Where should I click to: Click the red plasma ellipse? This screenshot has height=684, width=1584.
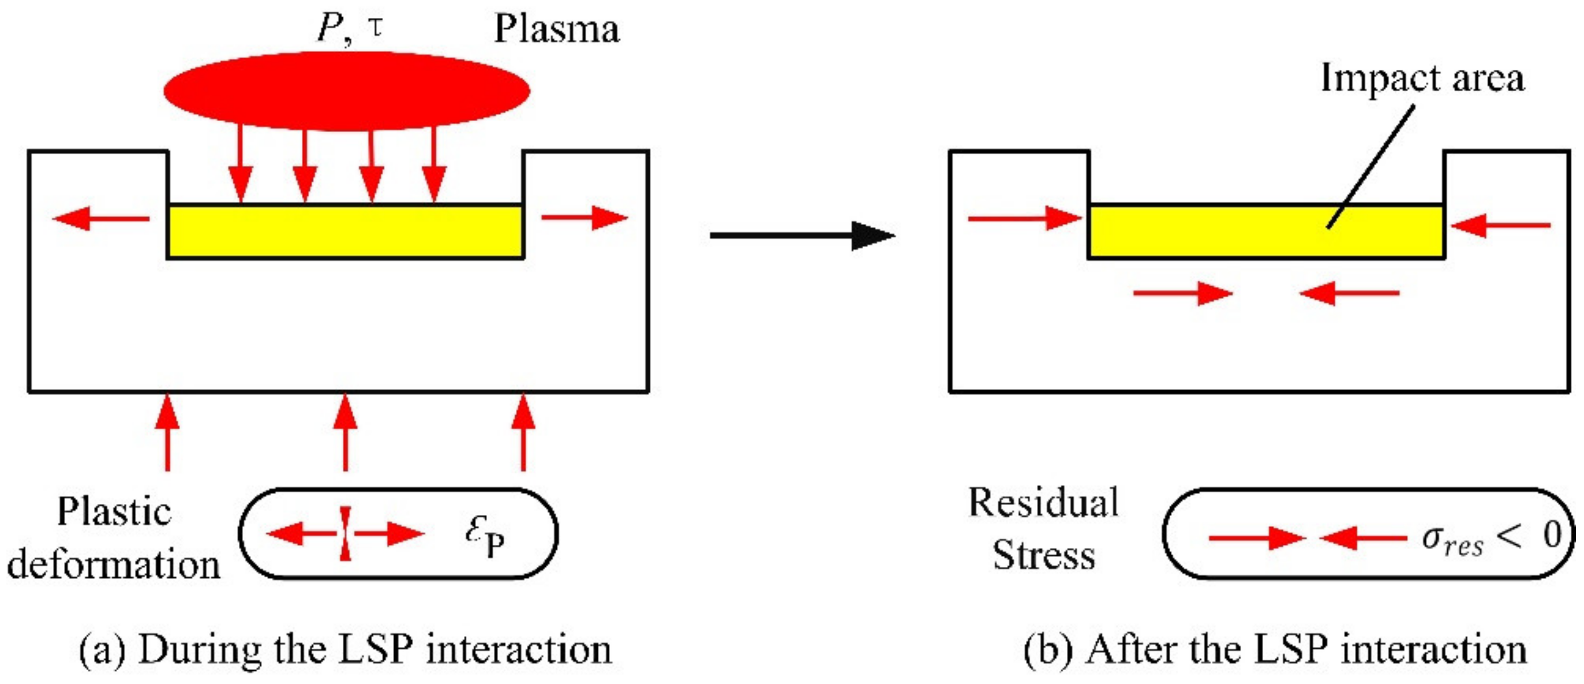[x=346, y=91]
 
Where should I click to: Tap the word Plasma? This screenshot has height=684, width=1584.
[x=556, y=29]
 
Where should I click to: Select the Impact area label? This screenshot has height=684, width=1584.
[x=1422, y=78]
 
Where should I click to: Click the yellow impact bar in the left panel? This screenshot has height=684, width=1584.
[x=345, y=231]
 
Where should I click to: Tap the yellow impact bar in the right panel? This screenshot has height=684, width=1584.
[x=1265, y=231]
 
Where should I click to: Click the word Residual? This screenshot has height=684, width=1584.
[x=1043, y=503]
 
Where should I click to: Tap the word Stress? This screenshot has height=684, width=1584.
[x=1043, y=555]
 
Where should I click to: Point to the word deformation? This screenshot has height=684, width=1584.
[x=114, y=565]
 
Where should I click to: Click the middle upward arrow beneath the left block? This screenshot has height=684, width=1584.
[x=346, y=432]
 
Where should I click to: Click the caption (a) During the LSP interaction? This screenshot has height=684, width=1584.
[x=345, y=649]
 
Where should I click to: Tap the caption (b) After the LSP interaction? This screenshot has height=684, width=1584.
[x=1275, y=649]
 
